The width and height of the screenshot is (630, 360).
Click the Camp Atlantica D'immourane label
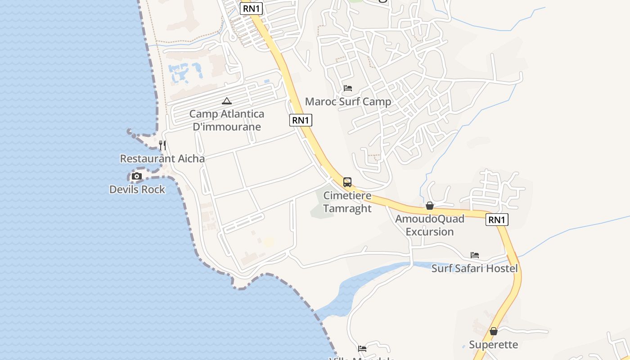227,120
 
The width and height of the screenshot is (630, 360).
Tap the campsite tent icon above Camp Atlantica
227,101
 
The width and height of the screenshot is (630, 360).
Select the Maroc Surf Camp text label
348,102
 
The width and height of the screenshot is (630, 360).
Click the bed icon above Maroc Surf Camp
348,88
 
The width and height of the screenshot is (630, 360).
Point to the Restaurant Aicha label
162,158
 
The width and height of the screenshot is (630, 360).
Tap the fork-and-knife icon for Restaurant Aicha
162,145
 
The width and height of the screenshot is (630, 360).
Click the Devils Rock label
137,189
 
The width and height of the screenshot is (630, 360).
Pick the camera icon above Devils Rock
137,176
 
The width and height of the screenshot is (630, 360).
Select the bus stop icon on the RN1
347,182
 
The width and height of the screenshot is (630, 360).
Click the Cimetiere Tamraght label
347,202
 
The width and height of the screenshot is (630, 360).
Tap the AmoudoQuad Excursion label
430,225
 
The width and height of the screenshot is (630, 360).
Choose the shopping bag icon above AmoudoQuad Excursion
430,206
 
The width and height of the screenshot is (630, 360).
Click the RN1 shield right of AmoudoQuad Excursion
497,220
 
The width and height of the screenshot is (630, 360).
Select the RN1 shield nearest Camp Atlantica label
301,120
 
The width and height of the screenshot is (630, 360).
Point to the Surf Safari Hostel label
475,269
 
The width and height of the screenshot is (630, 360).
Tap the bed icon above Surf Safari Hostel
475,255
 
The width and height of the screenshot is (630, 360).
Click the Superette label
493,345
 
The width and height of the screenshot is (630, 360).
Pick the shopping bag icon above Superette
494,331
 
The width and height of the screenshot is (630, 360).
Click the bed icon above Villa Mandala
362,348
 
